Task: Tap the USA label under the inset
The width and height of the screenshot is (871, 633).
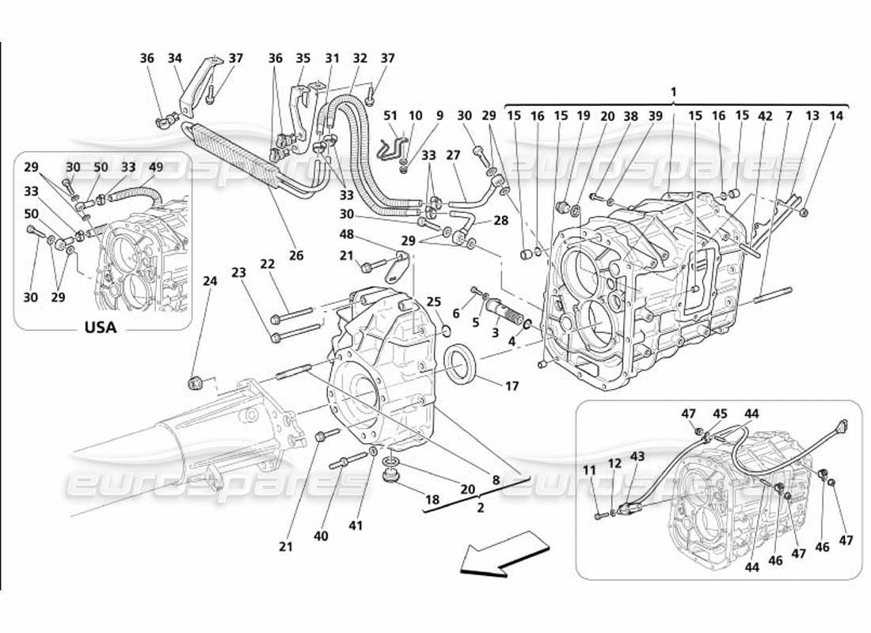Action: coord(100,328)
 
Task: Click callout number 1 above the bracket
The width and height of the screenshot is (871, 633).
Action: coord(673,92)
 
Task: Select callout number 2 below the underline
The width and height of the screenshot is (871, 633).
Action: coord(479,508)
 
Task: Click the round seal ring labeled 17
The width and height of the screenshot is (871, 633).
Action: coord(460,363)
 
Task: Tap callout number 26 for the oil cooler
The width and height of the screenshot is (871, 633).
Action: coord(296,255)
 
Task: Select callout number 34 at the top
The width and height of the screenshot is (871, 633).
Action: coord(175,58)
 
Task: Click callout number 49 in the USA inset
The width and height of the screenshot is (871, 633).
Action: coord(155,167)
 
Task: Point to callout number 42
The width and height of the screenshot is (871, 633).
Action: coord(765,116)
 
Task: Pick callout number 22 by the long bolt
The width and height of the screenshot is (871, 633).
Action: coord(267,264)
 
